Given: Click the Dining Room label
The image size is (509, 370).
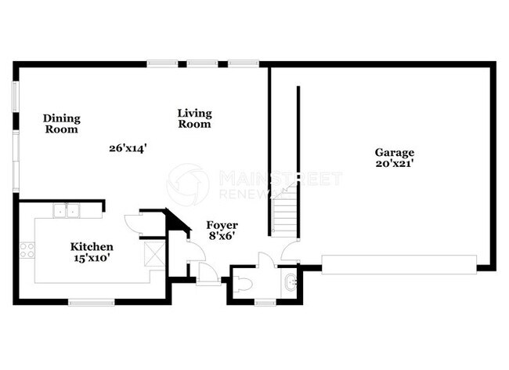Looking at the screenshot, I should point(61,124).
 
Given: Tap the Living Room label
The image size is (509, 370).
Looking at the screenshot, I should point(194,118).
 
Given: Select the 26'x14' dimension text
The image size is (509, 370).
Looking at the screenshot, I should point(128,147).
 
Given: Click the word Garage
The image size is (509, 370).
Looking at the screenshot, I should point(394,152).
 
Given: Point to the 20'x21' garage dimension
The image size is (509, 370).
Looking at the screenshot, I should point(394,164).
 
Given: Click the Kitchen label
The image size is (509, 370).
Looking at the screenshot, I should point(92,246).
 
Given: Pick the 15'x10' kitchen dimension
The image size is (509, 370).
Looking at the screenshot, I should point(92,258).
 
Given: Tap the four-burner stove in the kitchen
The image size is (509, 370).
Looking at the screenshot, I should point(27,250).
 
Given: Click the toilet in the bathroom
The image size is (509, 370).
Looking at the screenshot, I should point(243,284).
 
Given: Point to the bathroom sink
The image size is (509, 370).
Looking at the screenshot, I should point(291,282).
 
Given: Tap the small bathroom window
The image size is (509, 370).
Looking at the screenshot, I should point(265,302).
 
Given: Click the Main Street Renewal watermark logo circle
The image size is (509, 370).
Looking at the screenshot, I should point(189,185).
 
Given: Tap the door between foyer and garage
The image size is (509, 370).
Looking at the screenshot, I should point(291,252).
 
